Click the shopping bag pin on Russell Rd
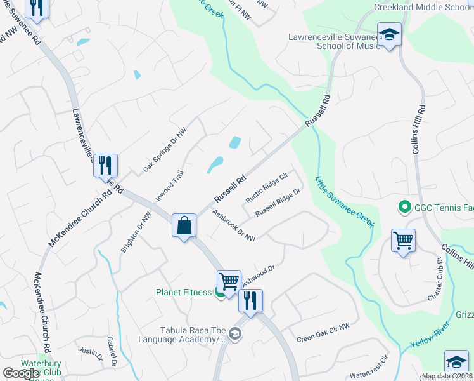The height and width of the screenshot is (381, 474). (x=184, y=226)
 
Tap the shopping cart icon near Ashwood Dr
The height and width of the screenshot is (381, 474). (x=229, y=280)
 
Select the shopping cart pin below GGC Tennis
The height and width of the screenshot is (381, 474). (x=402, y=241)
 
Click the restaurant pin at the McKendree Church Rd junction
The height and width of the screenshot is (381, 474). (x=105, y=166)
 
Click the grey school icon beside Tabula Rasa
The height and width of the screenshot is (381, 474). (x=235, y=334)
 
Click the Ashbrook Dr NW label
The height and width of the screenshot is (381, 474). (x=234, y=225)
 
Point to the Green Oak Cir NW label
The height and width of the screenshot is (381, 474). (x=323, y=333)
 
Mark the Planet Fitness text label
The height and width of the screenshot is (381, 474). (x=183, y=293)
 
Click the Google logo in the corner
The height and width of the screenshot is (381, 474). (x=22, y=374)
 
